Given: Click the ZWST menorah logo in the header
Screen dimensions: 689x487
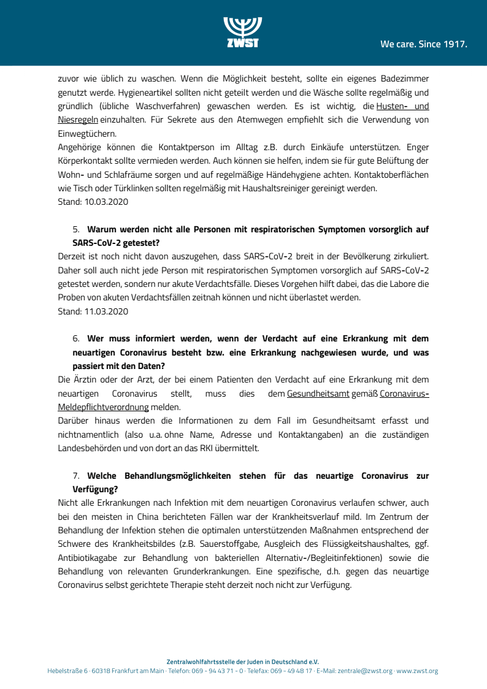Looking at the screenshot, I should [243, 31].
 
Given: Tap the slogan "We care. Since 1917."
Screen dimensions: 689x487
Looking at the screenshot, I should [423, 44].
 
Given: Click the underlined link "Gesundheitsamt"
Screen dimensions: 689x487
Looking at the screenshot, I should [310, 394].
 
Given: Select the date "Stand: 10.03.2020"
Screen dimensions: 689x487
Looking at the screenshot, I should [93, 202].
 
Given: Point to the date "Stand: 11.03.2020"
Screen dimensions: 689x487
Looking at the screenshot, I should [93, 311].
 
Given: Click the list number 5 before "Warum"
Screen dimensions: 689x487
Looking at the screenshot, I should [76, 229].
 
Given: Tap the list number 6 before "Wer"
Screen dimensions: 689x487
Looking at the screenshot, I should [76, 338].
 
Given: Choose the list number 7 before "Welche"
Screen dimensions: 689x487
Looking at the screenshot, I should [76, 476].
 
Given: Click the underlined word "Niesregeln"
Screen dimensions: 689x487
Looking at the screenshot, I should [77, 120].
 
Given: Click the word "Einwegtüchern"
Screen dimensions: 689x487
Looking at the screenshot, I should [86, 134].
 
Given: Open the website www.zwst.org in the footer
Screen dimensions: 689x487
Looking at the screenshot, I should [417, 671].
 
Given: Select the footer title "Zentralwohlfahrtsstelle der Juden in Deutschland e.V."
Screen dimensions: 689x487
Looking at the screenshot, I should [243, 662].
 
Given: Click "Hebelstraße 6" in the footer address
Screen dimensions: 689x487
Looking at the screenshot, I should [67, 671].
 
